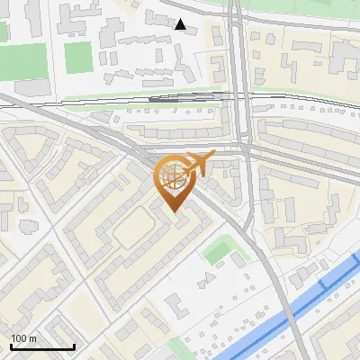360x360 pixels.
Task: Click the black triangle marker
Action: pos(181,24)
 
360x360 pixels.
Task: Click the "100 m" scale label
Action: pos(24,338)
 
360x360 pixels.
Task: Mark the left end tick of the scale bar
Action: pos(11,346)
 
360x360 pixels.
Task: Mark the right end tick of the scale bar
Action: pos(74,346)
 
